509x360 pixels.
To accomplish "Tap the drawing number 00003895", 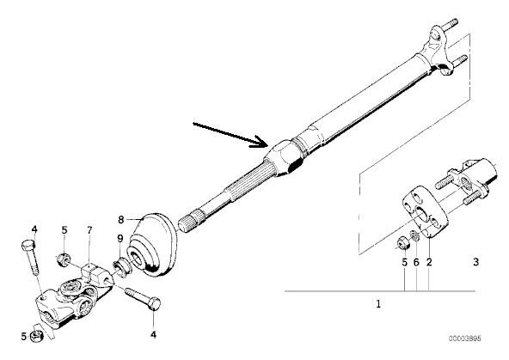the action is [465, 339].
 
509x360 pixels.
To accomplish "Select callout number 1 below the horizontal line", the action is [378, 304].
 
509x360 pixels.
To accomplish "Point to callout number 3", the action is [475, 261].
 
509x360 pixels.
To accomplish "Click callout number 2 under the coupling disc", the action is [429, 261].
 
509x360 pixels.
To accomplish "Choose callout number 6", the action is [416, 261].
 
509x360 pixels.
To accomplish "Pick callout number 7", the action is [89, 230].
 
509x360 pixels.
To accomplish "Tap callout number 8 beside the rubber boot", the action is [121, 220].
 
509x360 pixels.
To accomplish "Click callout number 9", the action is [120, 239].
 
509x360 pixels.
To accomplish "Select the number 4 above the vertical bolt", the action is [34, 229].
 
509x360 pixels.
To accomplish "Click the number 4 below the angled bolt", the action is [154, 334].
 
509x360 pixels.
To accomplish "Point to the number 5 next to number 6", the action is [404, 261].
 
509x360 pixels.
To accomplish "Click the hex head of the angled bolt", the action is [155, 304].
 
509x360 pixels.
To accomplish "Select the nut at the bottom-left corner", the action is [37, 336].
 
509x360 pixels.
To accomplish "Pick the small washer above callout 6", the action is [414, 235].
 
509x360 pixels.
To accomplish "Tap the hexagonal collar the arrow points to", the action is [285, 157].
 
